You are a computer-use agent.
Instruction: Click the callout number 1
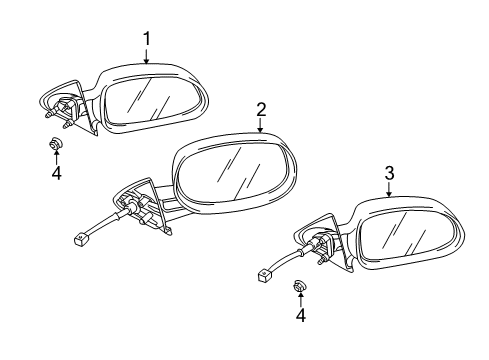(146, 39)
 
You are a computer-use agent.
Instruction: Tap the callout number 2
(260, 109)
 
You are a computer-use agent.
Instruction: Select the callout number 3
(388, 173)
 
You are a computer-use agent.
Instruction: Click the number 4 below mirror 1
(56, 172)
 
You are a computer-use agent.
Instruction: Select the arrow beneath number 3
(388, 189)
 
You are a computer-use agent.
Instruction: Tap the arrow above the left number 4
(56, 156)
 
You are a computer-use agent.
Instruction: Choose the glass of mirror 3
(399, 244)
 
